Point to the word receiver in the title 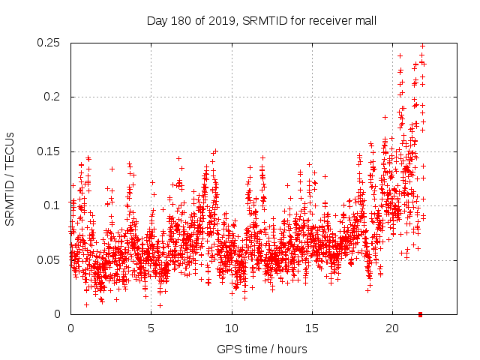pyautogui.click(x=328, y=21)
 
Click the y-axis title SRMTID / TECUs pyautogui.click(x=10, y=178)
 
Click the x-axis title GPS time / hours pyautogui.click(x=261, y=349)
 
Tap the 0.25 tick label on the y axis pyautogui.click(x=49, y=43)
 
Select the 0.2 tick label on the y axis pyautogui.click(x=54, y=97)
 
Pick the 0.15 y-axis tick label pyautogui.click(x=49, y=151)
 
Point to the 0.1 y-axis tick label pyautogui.click(x=54, y=205)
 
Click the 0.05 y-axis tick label pyautogui.click(x=49, y=260)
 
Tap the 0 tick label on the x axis pyautogui.click(x=70, y=328)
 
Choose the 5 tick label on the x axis pyautogui.click(x=151, y=328)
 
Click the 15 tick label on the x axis pyautogui.click(x=311, y=328)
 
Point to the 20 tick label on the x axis pyautogui.click(x=391, y=328)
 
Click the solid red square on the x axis pyautogui.click(x=421, y=314)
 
